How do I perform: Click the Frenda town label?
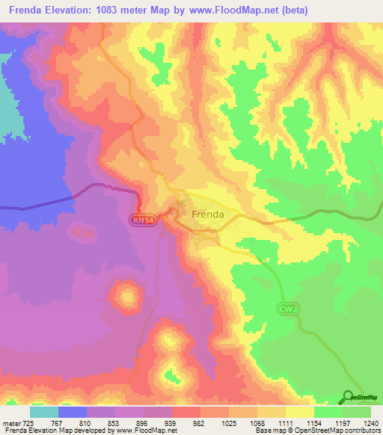[208, 215]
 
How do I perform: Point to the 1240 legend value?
[362, 423]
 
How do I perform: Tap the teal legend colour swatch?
[44, 412]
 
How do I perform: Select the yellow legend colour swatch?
[299, 412]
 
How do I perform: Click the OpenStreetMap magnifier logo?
[349, 397]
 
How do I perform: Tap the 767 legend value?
[59, 423]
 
